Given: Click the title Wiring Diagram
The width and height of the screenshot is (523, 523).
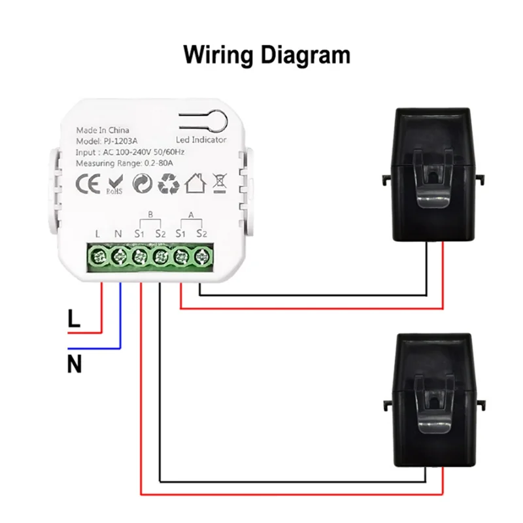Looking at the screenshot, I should [266, 54].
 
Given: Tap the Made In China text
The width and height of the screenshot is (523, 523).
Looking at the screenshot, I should [103, 129].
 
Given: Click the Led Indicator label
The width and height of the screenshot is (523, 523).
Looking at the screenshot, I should [201, 140].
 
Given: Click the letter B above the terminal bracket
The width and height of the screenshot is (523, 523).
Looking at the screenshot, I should [150, 214].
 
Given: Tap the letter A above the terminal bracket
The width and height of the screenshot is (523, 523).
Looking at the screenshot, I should [190, 214].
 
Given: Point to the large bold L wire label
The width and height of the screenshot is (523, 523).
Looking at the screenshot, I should [74, 320].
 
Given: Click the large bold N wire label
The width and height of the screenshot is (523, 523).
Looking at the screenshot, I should [75, 363].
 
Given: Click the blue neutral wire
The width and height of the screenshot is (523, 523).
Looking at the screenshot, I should [120, 320].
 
